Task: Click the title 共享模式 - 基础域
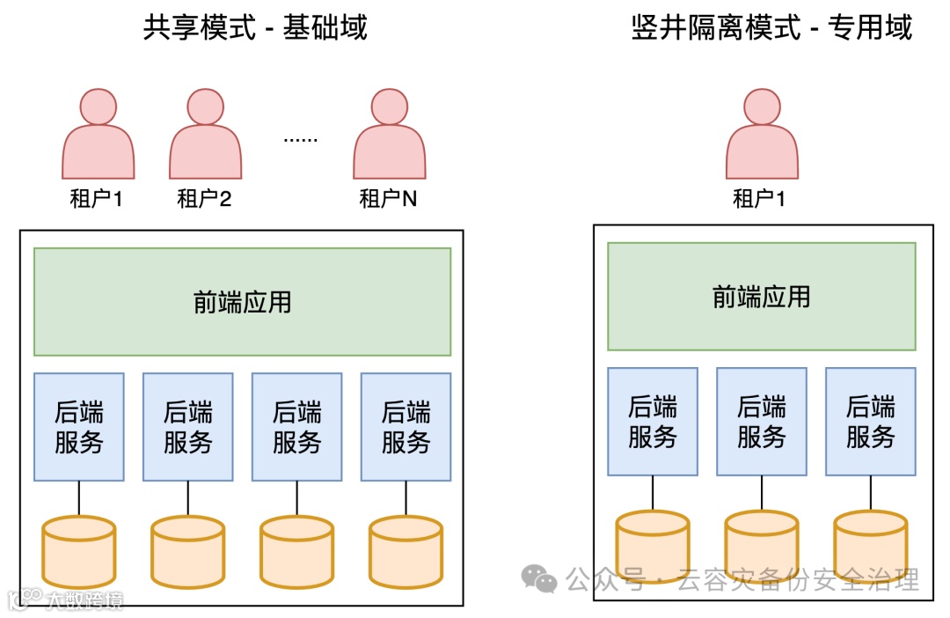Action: [x=255, y=28]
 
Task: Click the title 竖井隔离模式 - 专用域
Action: [x=771, y=28]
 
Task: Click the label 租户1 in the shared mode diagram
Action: [x=96, y=199]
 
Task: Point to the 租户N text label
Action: [x=388, y=199]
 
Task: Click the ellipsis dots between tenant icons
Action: [x=300, y=139]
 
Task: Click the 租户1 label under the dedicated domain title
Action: [x=759, y=199]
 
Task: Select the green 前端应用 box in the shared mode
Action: [x=242, y=302]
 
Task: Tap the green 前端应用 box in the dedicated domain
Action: [x=761, y=297]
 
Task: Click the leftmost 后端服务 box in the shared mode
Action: [x=79, y=427]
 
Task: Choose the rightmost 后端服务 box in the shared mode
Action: [x=406, y=427]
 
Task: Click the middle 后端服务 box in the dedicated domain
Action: [x=761, y=422]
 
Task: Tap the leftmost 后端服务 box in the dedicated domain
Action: [x=652, y=422]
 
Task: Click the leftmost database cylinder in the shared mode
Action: [x=79, y=552]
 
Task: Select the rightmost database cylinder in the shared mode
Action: [x=406, y=552]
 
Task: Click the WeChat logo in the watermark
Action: [x=539, y=578]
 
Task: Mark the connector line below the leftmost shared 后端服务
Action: [x=79, y=498]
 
